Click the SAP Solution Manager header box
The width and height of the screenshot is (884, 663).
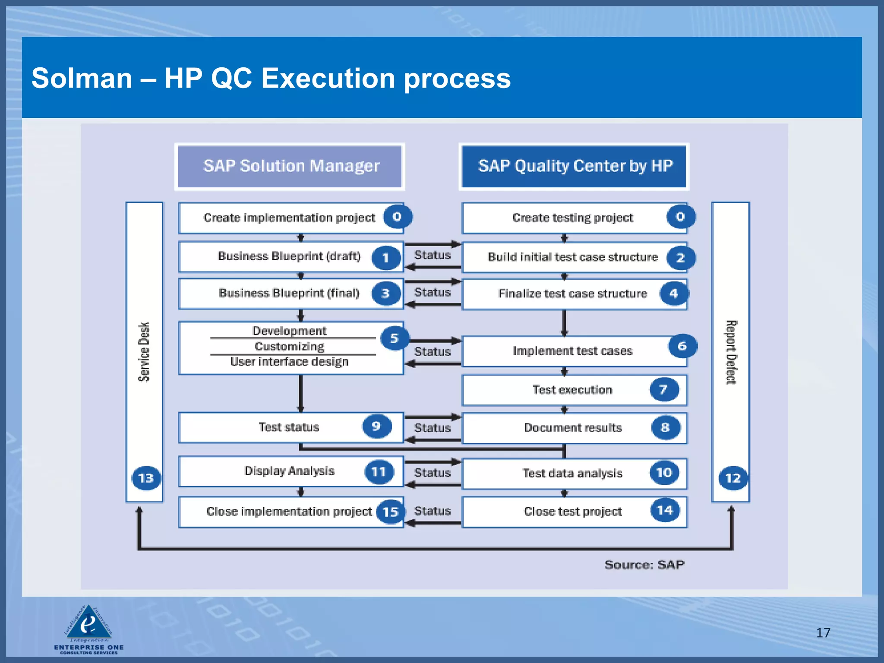(x=290, y=166)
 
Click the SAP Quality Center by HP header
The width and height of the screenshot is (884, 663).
(x=574, y=166)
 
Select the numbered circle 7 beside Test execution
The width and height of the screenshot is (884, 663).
(x=664, y=389)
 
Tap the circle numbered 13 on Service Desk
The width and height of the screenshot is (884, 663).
(x=146, y=478)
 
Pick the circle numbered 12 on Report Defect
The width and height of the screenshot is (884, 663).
(x=733, y=478)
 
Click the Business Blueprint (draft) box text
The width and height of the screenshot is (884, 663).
(x=289, y=256)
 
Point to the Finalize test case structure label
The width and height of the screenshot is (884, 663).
(x=572, y=294)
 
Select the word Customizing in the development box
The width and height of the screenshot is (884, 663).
(x=289, y=346)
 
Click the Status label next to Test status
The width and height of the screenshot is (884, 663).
(x=432, y=428)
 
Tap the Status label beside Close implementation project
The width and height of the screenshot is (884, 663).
(x=432, y=511)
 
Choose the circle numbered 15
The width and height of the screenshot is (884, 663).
(x=391, y=511)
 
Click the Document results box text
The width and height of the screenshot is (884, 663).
(x=573, y=428)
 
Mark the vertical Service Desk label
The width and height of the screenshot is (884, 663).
(x=144, y=352)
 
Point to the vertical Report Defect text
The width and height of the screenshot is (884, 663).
(x=731, y=352)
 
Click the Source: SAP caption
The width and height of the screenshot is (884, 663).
(x=644, y=565)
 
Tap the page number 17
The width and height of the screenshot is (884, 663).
(x=823, y=633)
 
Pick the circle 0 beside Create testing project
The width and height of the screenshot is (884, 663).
(x=680, y=217)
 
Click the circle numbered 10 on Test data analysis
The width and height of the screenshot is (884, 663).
(x=664, y=473)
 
